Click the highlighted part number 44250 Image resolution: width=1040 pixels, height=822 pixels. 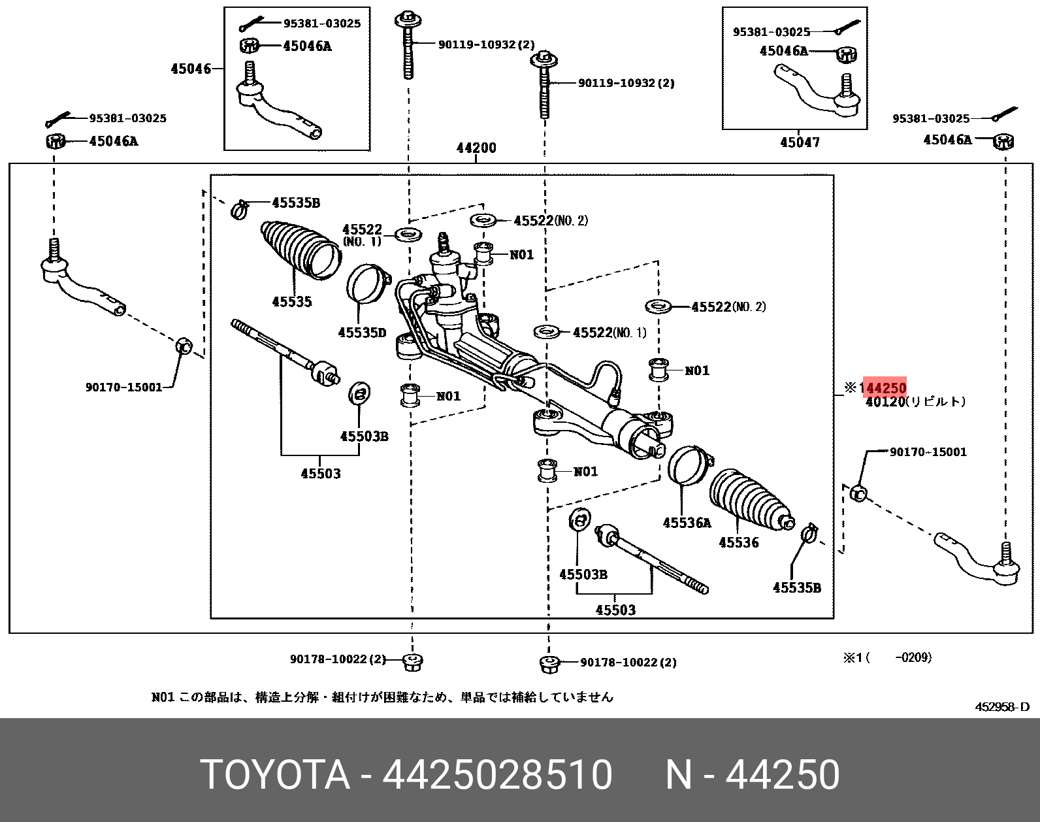(x=885, y=387)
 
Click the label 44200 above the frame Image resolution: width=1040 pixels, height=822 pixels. (x=476, y=148)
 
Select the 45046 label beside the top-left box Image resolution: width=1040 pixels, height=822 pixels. (x=191, y=69)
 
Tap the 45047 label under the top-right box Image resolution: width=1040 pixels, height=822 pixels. (x=800, y=142)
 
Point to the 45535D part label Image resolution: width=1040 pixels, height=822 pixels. (x=362, y=333)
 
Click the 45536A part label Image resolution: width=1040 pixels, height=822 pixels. (x=687, y=522)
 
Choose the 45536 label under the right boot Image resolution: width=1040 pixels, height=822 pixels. (x=739, y=542)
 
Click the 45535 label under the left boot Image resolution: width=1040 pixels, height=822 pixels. (x=292, y=301)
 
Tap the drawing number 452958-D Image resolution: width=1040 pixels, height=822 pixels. (x=1001, y=706)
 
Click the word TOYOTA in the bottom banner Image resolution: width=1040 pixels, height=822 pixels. (x=275, y=775)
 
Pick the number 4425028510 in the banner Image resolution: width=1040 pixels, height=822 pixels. (x=497, y=775)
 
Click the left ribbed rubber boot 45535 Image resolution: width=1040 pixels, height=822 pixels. (x=300, y=251)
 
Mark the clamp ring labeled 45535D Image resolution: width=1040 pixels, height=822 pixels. (x=367, y=284)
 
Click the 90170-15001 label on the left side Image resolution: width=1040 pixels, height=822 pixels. (x=123, y=387)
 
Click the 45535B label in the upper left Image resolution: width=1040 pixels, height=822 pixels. (x=296, y=203)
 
